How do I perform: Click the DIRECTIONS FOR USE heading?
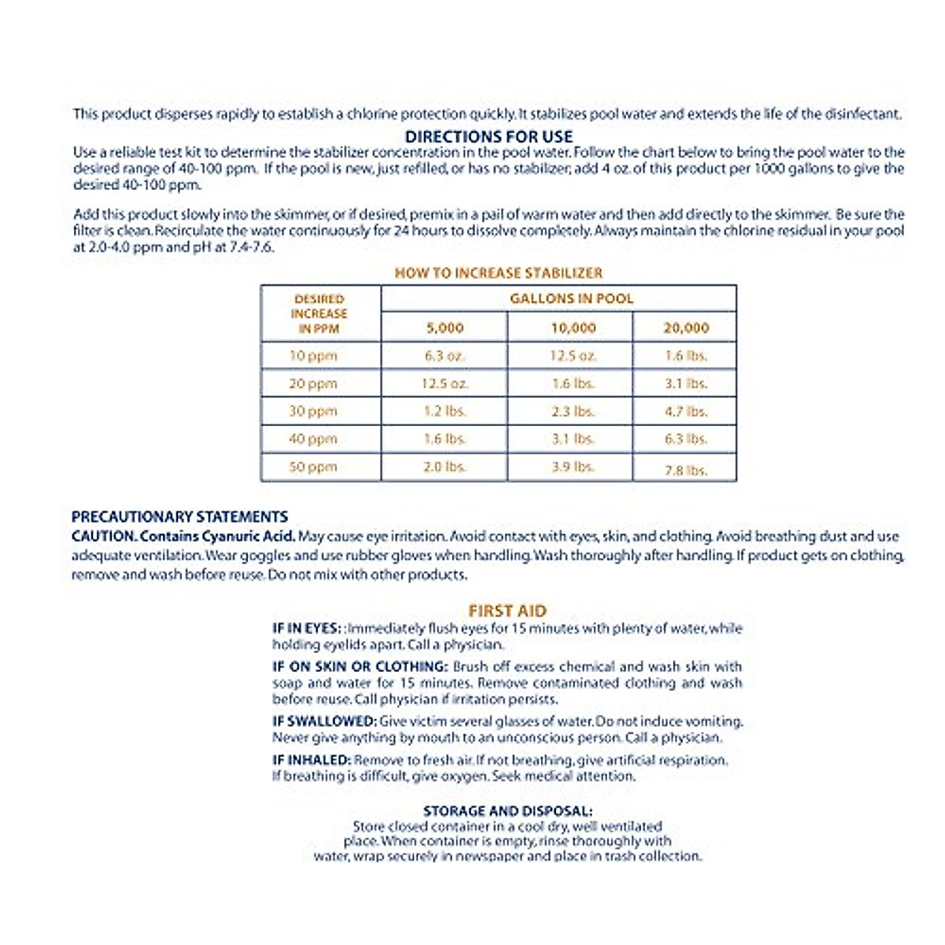tap(488, 136)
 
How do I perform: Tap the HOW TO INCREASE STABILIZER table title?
tap(498, 273)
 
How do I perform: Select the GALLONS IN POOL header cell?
tap(571, 298)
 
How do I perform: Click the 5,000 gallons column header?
tap(445, 328)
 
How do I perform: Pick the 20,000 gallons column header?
tap(685, 328)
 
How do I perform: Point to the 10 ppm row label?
tap(313, 356)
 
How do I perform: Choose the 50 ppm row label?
tap(313, 467)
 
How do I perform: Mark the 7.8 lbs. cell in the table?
tap(685, 470)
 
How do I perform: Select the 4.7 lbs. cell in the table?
tap(685, 411)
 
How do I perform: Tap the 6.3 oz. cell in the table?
tap(445, 356)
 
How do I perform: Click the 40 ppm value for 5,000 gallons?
tap(445, 439)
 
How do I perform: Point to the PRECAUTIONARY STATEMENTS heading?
tap(180, 517)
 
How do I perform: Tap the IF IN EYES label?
tap(306, 628)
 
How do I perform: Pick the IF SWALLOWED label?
tap(324, 721)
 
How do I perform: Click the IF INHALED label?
tap(311, 760)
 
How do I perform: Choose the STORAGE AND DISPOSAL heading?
tap(507, 811)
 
